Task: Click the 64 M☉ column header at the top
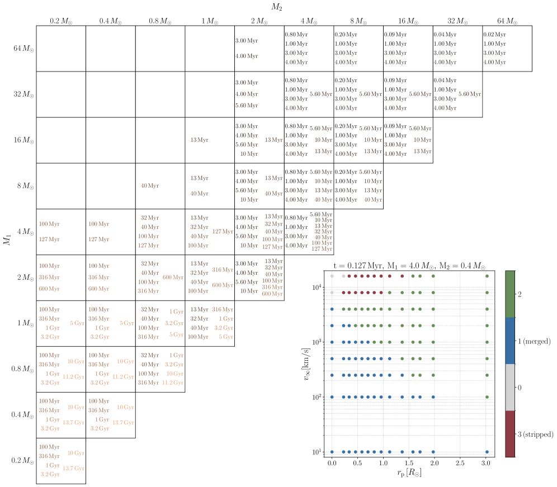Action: point(507,21)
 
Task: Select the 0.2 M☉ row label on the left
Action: point(22,461)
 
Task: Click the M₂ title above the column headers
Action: point(277,7)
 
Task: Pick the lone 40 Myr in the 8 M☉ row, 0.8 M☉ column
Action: point(150,186)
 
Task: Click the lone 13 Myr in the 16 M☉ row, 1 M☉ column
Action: point(200,140)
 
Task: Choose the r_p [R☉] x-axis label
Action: point(409,476)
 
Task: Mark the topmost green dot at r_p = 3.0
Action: point(487,276)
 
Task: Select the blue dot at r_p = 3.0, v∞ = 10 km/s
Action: point(487,452)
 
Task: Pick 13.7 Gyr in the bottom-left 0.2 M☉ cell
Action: point(73,469)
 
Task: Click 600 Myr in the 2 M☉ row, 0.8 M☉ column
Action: point(173,277)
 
